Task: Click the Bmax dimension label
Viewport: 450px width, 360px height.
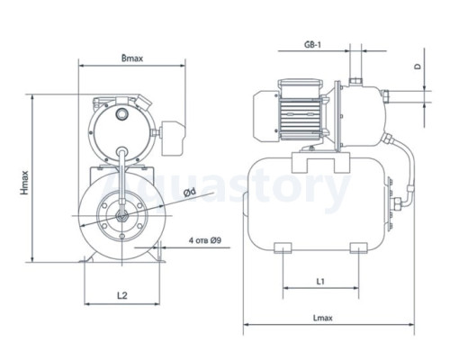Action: tap(132, 58)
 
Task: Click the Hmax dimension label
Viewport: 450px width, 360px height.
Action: tap(24, 183)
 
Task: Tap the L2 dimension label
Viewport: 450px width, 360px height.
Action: tap(122, 295)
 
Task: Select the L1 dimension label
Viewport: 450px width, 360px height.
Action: tap(320, 282)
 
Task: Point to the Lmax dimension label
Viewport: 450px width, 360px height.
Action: tap(323, 318)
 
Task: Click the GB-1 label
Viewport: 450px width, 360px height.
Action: tap(312, 45)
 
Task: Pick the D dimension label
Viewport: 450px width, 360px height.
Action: tap(418, 67)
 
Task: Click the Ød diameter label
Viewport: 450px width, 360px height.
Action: tap(190, 193)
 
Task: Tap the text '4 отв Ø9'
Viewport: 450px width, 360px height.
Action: tap(205, 240)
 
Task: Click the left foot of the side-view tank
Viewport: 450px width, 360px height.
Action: tap(283, 247)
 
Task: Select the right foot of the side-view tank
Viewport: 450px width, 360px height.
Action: tap(359, 247)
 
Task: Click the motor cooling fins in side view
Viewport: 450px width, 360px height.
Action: tap(300, 116)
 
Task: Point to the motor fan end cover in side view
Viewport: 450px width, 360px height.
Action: tap(266, 116)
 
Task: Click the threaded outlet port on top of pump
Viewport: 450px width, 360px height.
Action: tap(355, 81)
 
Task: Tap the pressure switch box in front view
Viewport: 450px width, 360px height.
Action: tap(173, 138)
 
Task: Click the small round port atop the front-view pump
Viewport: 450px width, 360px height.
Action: tap(122, 113)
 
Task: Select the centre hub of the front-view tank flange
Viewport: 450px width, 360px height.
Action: tap(122, 215)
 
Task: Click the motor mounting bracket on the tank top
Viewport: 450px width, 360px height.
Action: tap(320, 162)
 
